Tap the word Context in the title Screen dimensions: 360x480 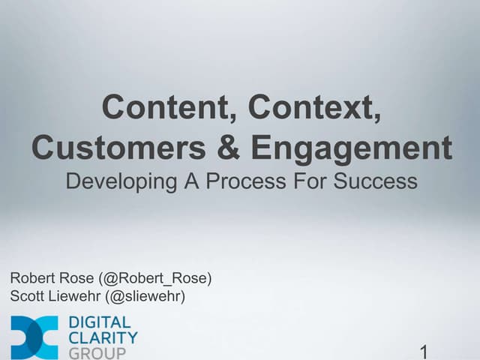point(314,107)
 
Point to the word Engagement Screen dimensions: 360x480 point(352,148)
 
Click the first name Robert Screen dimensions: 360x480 point(31,278)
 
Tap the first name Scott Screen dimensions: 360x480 point(27,296)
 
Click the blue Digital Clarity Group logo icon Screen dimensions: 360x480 point(34,337)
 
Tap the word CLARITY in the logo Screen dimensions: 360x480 point(103,338)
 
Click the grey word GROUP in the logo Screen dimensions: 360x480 point(97,352)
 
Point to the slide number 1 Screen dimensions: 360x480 point(424,351)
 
